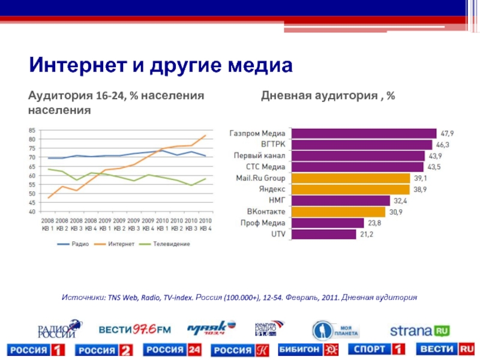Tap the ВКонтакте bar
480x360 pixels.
pos(339,212)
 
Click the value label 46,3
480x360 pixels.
pos(443,145)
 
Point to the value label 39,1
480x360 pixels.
pos(421,178)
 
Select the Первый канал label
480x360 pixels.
pos(259,155)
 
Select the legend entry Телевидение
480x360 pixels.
pos(171,244)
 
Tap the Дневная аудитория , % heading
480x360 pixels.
pos(327,96)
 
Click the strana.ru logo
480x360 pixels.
pos(419,331)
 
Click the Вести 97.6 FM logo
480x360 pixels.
pos(135,329)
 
